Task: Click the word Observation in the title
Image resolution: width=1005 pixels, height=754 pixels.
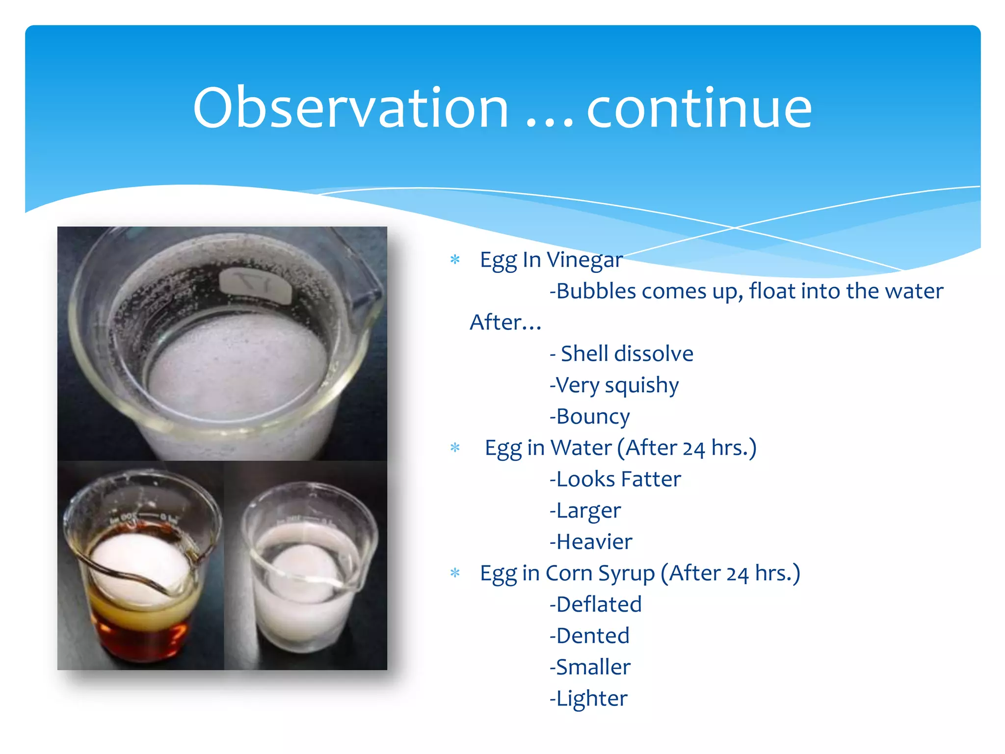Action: point(350,108)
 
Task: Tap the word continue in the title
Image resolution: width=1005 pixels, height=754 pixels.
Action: point(699,108)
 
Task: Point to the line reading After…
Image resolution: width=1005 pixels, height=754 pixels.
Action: point(505,323)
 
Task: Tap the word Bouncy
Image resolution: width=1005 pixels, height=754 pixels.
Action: point(593,417)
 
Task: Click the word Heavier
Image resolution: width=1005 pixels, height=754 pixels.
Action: point(594,542)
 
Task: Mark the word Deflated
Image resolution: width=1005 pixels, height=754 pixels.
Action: point(599,604)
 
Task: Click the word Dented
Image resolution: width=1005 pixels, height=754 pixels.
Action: point(593,636)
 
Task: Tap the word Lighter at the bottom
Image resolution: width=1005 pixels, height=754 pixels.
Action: point(591,699)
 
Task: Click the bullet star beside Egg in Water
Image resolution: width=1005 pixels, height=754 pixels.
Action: point(455,448)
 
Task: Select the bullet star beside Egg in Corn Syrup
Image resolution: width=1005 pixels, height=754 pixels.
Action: point(455,573)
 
